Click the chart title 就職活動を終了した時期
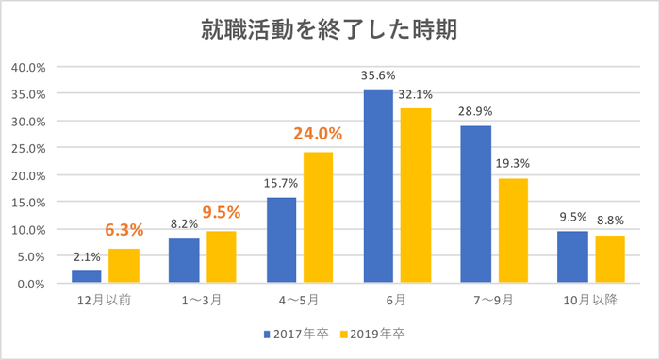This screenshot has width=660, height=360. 329,31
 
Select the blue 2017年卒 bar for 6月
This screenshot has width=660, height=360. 378,186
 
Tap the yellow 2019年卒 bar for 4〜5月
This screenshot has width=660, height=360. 318,217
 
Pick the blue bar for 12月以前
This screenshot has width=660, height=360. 87,276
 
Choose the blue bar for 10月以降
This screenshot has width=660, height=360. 572,256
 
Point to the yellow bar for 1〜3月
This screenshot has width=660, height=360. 222,256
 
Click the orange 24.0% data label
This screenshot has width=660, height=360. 319,134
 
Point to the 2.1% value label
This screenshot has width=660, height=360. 86,257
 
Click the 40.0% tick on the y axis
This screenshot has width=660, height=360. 29,67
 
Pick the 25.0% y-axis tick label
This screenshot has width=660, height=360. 29,148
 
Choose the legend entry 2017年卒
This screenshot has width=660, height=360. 296,334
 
